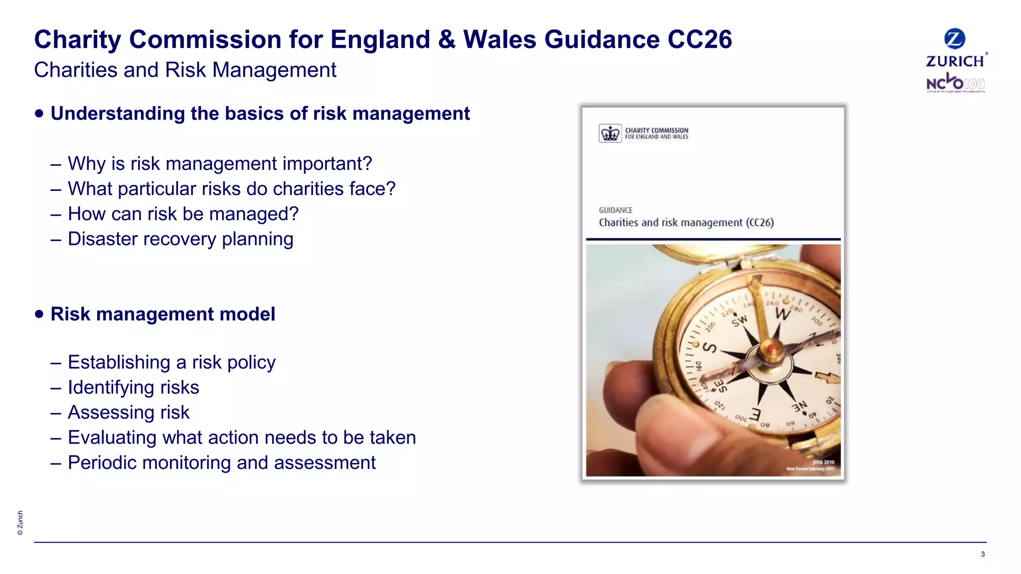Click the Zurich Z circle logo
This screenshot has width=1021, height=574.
pos(954,39)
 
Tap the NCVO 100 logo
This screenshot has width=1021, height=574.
pos(955,83)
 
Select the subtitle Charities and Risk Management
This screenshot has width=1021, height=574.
pos(185,70)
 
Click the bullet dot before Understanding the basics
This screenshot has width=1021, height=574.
pos(39,113)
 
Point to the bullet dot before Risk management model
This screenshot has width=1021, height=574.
pos(39,314)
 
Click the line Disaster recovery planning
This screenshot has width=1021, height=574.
pos(180,239)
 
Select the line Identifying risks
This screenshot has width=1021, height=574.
pos(133,388)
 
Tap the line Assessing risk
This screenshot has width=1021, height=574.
pos(129,413)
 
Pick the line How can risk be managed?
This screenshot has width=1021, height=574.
pos(183,214)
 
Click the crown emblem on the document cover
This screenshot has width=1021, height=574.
pos(610,134)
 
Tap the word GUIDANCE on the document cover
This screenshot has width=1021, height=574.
pos(615,210)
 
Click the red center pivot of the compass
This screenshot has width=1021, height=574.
pos(772,347)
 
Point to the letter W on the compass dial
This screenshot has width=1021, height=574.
pos(783,314)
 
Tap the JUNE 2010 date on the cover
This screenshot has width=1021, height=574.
pos(823,462)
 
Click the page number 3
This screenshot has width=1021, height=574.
pos(982,554)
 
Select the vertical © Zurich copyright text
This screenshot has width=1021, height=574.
pos(20,523)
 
